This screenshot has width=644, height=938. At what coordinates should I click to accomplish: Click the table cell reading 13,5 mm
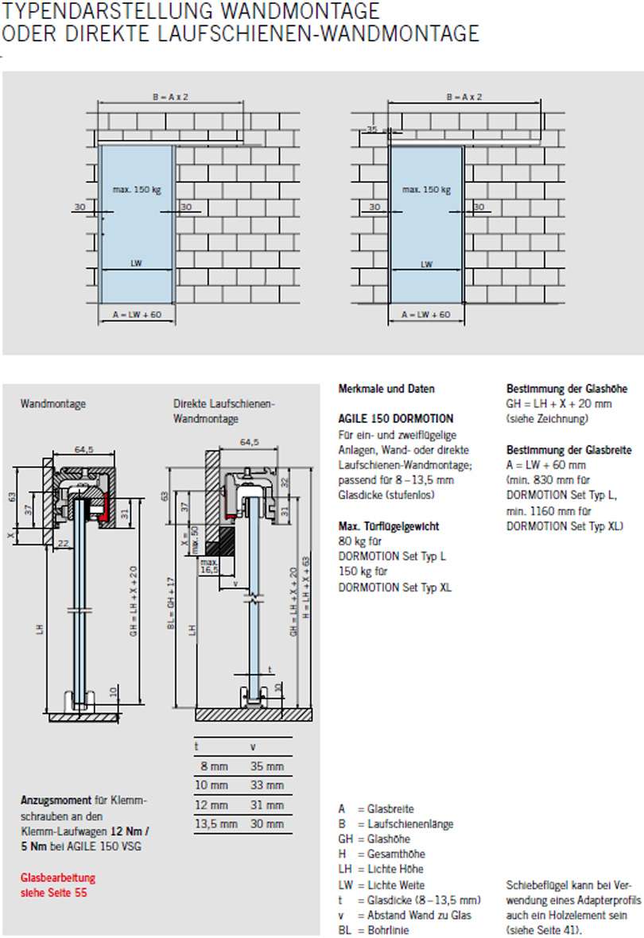click(216, 824)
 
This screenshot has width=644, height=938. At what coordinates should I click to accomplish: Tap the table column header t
click(196, 746)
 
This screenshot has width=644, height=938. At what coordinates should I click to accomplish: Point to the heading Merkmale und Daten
click(386, 389)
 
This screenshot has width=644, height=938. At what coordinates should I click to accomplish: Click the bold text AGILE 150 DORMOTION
click(395, 419)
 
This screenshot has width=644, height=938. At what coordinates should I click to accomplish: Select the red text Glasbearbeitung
click(57, 878)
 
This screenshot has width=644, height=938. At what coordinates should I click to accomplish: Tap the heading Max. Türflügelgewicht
click(389, 526)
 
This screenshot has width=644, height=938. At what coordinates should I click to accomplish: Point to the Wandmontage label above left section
click(52, 404)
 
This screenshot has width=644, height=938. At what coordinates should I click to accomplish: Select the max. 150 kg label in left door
click(137, 189)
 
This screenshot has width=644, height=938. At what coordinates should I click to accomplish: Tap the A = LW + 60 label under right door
click(426, 315)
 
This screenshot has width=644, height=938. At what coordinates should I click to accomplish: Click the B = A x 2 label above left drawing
click(170, 96)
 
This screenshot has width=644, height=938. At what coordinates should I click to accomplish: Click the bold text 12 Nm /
click(130, 829)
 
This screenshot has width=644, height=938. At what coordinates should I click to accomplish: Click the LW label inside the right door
click(426, 264)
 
